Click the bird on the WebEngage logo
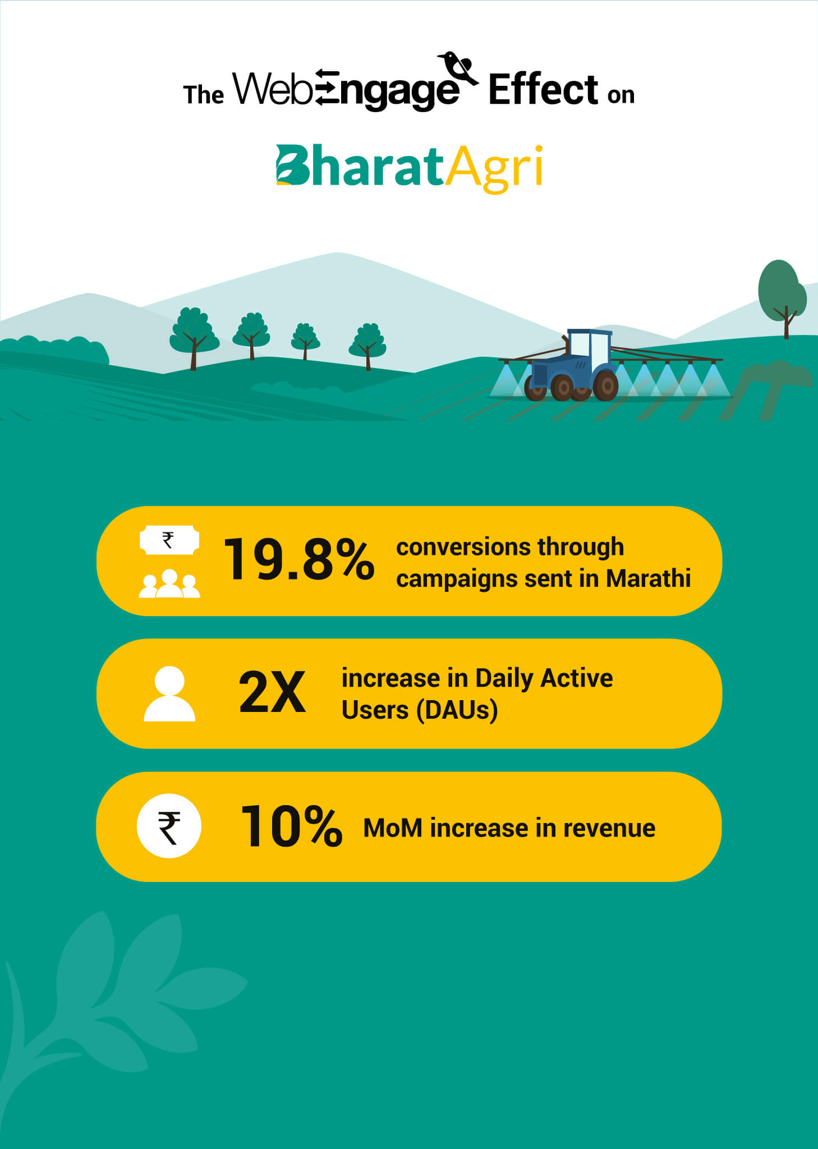457,68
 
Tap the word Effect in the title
543,90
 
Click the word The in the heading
203,95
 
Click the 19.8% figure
299,559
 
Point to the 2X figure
272,693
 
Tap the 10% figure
291,826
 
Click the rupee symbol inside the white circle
169,826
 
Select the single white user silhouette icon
169,693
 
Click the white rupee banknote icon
169,540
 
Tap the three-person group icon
169,584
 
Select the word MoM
393,828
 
